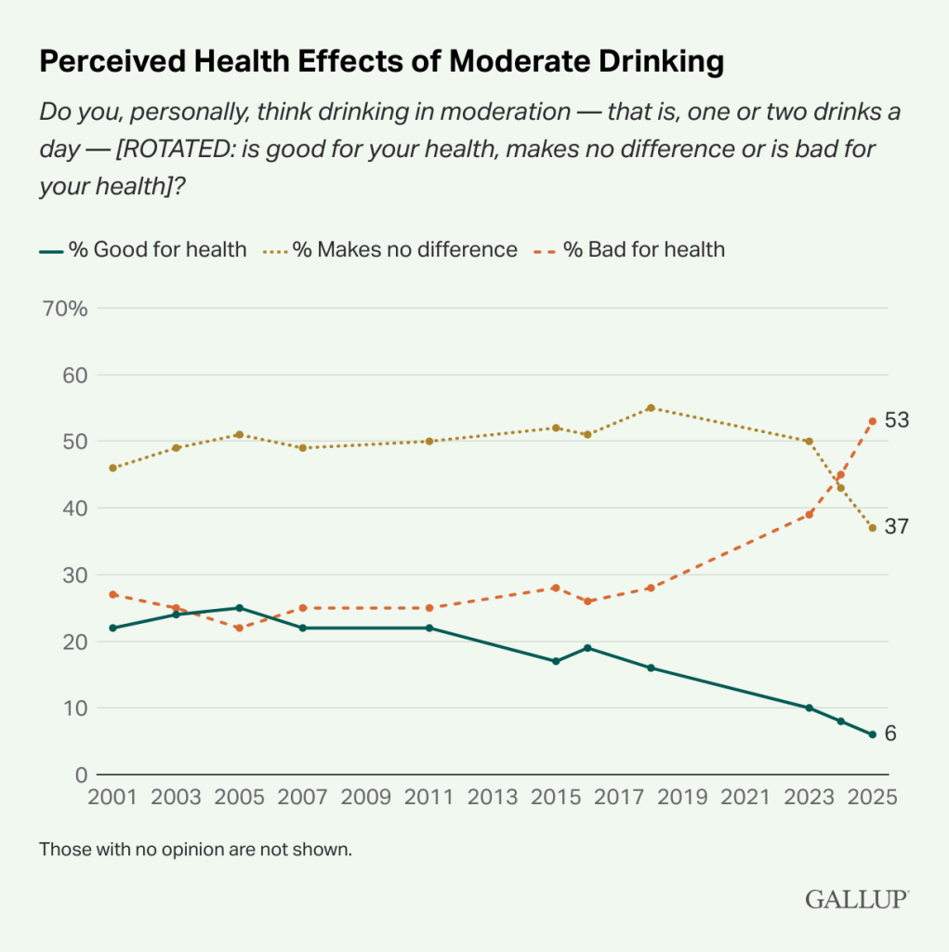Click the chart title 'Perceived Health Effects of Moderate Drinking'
click(381, 61)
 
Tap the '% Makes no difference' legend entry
click(391, 249)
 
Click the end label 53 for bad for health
click(896, 420)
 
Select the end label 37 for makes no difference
click(896, 527)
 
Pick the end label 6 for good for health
click(890, 734)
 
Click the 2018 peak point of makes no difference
click(651, 408)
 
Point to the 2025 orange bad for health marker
click(872, 421)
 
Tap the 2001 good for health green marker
click(112, 628)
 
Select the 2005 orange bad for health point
click(239, 628)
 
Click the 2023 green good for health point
click(809, 707)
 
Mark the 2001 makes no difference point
click(112, 468)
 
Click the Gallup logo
click(856, 899)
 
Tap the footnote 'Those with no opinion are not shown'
click(195, 849)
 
